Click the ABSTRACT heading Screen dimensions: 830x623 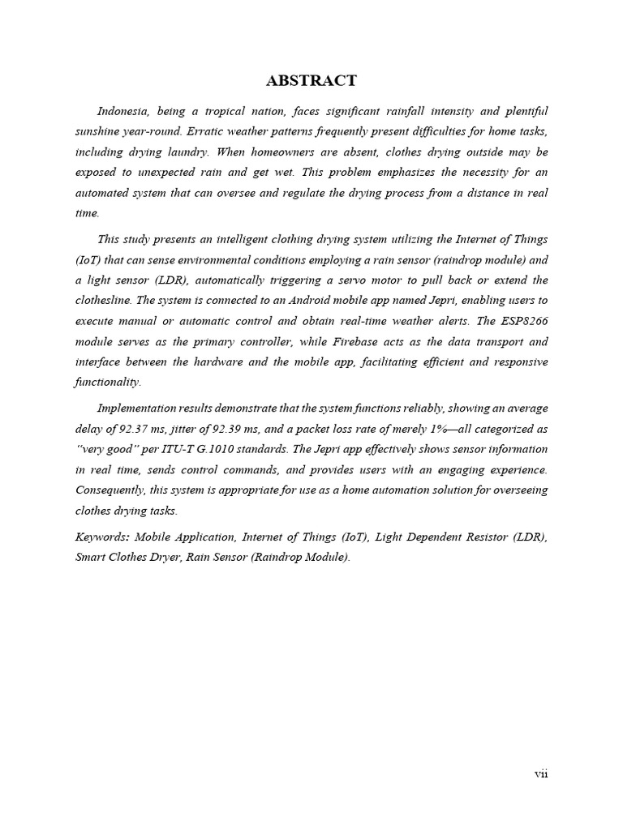[311, 80]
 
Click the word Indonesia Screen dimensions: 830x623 [123, 110]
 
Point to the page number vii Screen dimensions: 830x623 [541, 773]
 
